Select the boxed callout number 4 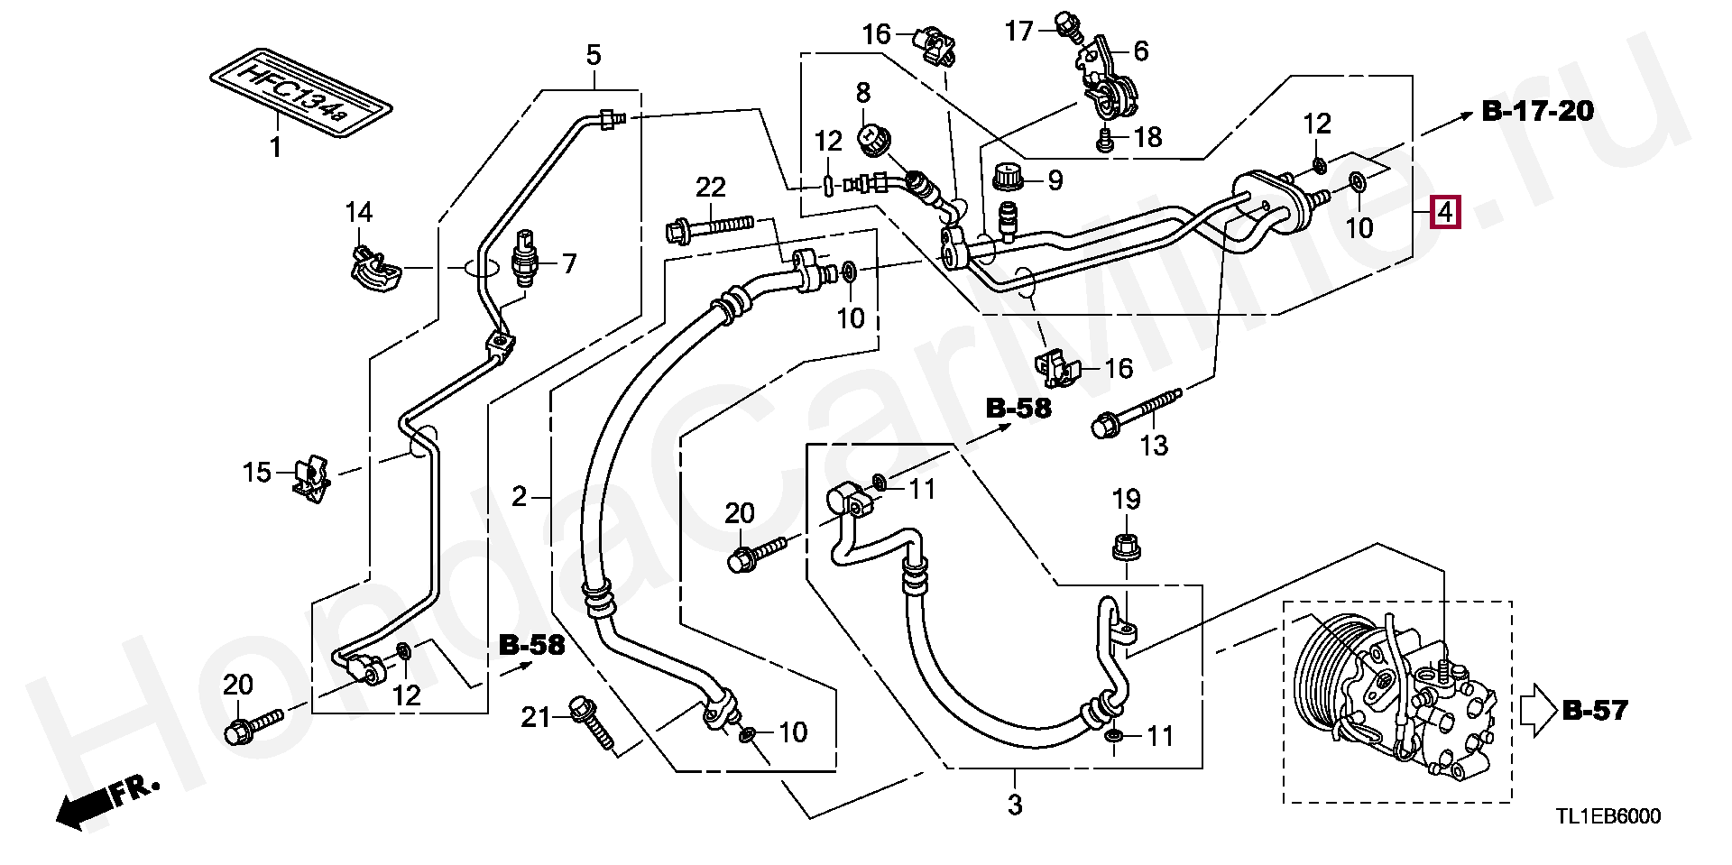click(x=1444, y=214)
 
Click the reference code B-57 click(x=1595, y=711)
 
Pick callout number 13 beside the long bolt click(x=1154, y=445)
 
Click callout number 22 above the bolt click(x=710, y=188)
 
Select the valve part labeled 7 click(x=523, y=257)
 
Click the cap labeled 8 click(x=871, y=140)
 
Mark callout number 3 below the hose click(x=1015, y=805)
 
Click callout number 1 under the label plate click(x=275, y=145)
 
